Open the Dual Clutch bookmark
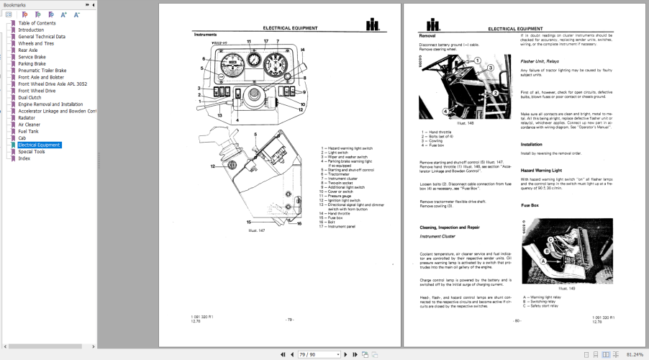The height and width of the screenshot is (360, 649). [32, 97]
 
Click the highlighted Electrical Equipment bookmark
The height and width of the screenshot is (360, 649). [39, 145]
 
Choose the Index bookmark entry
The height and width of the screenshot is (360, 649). [24, 158]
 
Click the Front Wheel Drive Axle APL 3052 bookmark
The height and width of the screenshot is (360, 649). [53, 84]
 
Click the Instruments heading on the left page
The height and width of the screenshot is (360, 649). [205, 35]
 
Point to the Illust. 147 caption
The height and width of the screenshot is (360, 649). [257, 230]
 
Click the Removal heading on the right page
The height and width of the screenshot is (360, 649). [427, 35]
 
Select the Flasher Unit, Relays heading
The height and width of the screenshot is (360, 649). [540, 61]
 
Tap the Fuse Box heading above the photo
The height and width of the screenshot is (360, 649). [530, 206]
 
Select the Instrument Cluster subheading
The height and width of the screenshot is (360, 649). [437, 235]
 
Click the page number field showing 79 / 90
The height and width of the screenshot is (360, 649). [317, 354]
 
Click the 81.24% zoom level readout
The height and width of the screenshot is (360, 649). [635, 354]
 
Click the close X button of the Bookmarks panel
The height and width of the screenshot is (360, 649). [92, 4]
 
